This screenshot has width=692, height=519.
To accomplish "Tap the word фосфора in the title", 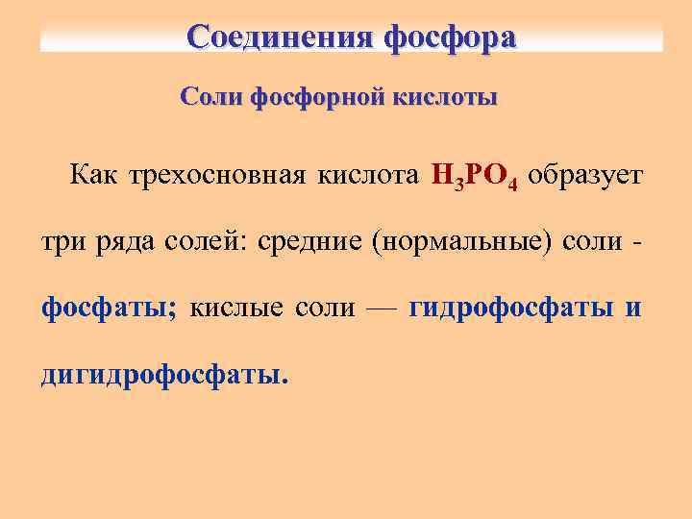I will [450, 37].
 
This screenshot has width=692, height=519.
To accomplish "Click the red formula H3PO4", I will [475, 178].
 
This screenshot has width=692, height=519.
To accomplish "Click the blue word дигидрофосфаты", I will [163, 373].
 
